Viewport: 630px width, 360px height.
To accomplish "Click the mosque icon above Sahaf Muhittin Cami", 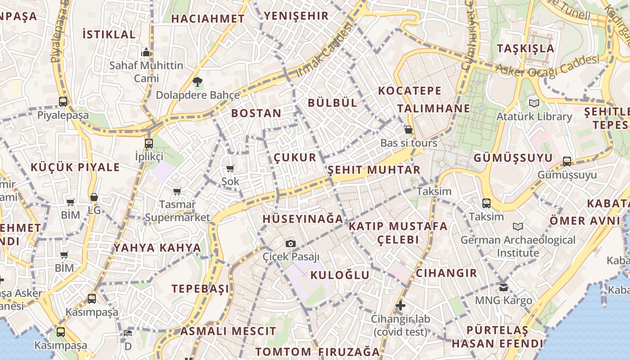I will coord(146,53).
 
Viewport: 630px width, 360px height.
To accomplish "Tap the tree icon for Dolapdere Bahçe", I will coord(197,82).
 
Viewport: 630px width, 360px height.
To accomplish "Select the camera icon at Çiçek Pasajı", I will coord(291,243).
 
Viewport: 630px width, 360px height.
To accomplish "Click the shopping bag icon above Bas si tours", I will coord(409,130).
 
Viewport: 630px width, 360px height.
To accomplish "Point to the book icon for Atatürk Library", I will coord(534,103).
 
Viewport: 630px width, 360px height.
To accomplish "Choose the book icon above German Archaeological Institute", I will coord(518,226).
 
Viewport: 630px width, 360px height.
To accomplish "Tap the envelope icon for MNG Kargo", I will coord(503,287).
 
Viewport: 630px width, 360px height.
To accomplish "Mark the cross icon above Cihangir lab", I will coord(400,306).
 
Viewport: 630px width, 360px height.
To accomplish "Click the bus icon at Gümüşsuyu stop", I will coord(567,162).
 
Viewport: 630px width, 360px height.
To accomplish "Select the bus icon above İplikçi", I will coord(149,144).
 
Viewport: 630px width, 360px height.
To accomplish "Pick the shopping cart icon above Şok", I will coord(230,169).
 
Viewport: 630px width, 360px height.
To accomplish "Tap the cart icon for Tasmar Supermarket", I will coord(177,191).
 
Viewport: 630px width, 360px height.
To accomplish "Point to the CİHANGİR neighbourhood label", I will coord(446,273).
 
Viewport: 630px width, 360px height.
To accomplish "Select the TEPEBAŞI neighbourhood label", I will coord(200,288).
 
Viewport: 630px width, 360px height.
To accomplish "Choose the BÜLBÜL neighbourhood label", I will coord(333,103).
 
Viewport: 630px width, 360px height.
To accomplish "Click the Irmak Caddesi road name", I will coord(324,49).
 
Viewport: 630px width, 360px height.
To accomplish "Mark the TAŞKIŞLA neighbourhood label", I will coord(526,48).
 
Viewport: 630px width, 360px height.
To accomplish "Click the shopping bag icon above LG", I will coord(94,197).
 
